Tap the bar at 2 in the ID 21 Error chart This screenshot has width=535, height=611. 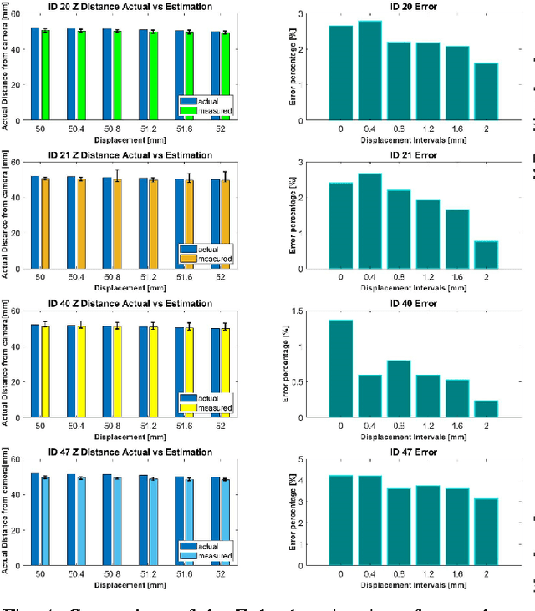point(486,255)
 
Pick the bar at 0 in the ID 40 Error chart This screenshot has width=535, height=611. point(340,368)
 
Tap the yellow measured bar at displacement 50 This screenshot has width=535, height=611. point(45,371)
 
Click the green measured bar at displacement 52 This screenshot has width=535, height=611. point(225,76)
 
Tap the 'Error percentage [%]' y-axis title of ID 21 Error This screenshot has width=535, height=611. point(293,215)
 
